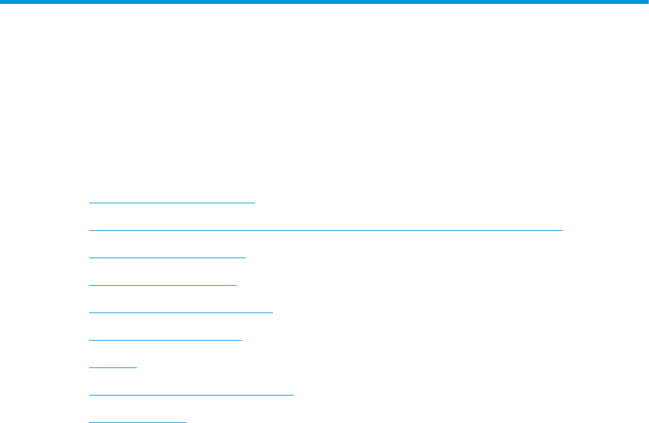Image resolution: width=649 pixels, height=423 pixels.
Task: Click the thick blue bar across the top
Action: coord(324,3)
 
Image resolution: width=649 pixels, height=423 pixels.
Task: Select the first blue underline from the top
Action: coord(171,203)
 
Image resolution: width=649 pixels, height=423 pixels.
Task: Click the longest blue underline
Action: coord(325,230)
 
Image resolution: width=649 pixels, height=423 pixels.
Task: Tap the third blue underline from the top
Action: coord(167,258)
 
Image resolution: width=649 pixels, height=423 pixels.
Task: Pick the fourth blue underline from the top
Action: coord(162,285)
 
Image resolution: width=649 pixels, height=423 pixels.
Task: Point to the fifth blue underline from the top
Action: coord(180,313)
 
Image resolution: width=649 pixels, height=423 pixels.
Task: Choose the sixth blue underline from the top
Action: coord(165,340)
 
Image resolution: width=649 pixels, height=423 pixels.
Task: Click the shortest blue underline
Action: coord(113,367)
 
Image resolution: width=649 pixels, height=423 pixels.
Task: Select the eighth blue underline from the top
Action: coord(191,395)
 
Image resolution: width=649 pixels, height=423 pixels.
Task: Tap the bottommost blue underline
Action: coord(137,422)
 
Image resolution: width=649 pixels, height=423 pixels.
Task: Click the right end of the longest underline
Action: coord(562,230)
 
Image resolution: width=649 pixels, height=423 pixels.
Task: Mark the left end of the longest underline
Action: coord(89,230)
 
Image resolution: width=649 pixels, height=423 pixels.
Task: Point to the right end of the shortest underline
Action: coord(137,367)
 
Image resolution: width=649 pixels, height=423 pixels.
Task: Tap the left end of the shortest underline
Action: coord(89,367)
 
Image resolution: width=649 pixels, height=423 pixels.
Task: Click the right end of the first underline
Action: coord(254,203)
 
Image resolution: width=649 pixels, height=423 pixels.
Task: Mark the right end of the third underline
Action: coord(245,258)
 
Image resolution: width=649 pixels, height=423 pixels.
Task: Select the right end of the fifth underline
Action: coord(272,313)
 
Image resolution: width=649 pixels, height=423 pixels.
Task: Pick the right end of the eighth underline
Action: coord(294,395)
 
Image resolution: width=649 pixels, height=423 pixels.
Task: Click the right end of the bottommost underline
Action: coord(186,422)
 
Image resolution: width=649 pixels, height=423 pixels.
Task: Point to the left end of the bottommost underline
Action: coord(89,422)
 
